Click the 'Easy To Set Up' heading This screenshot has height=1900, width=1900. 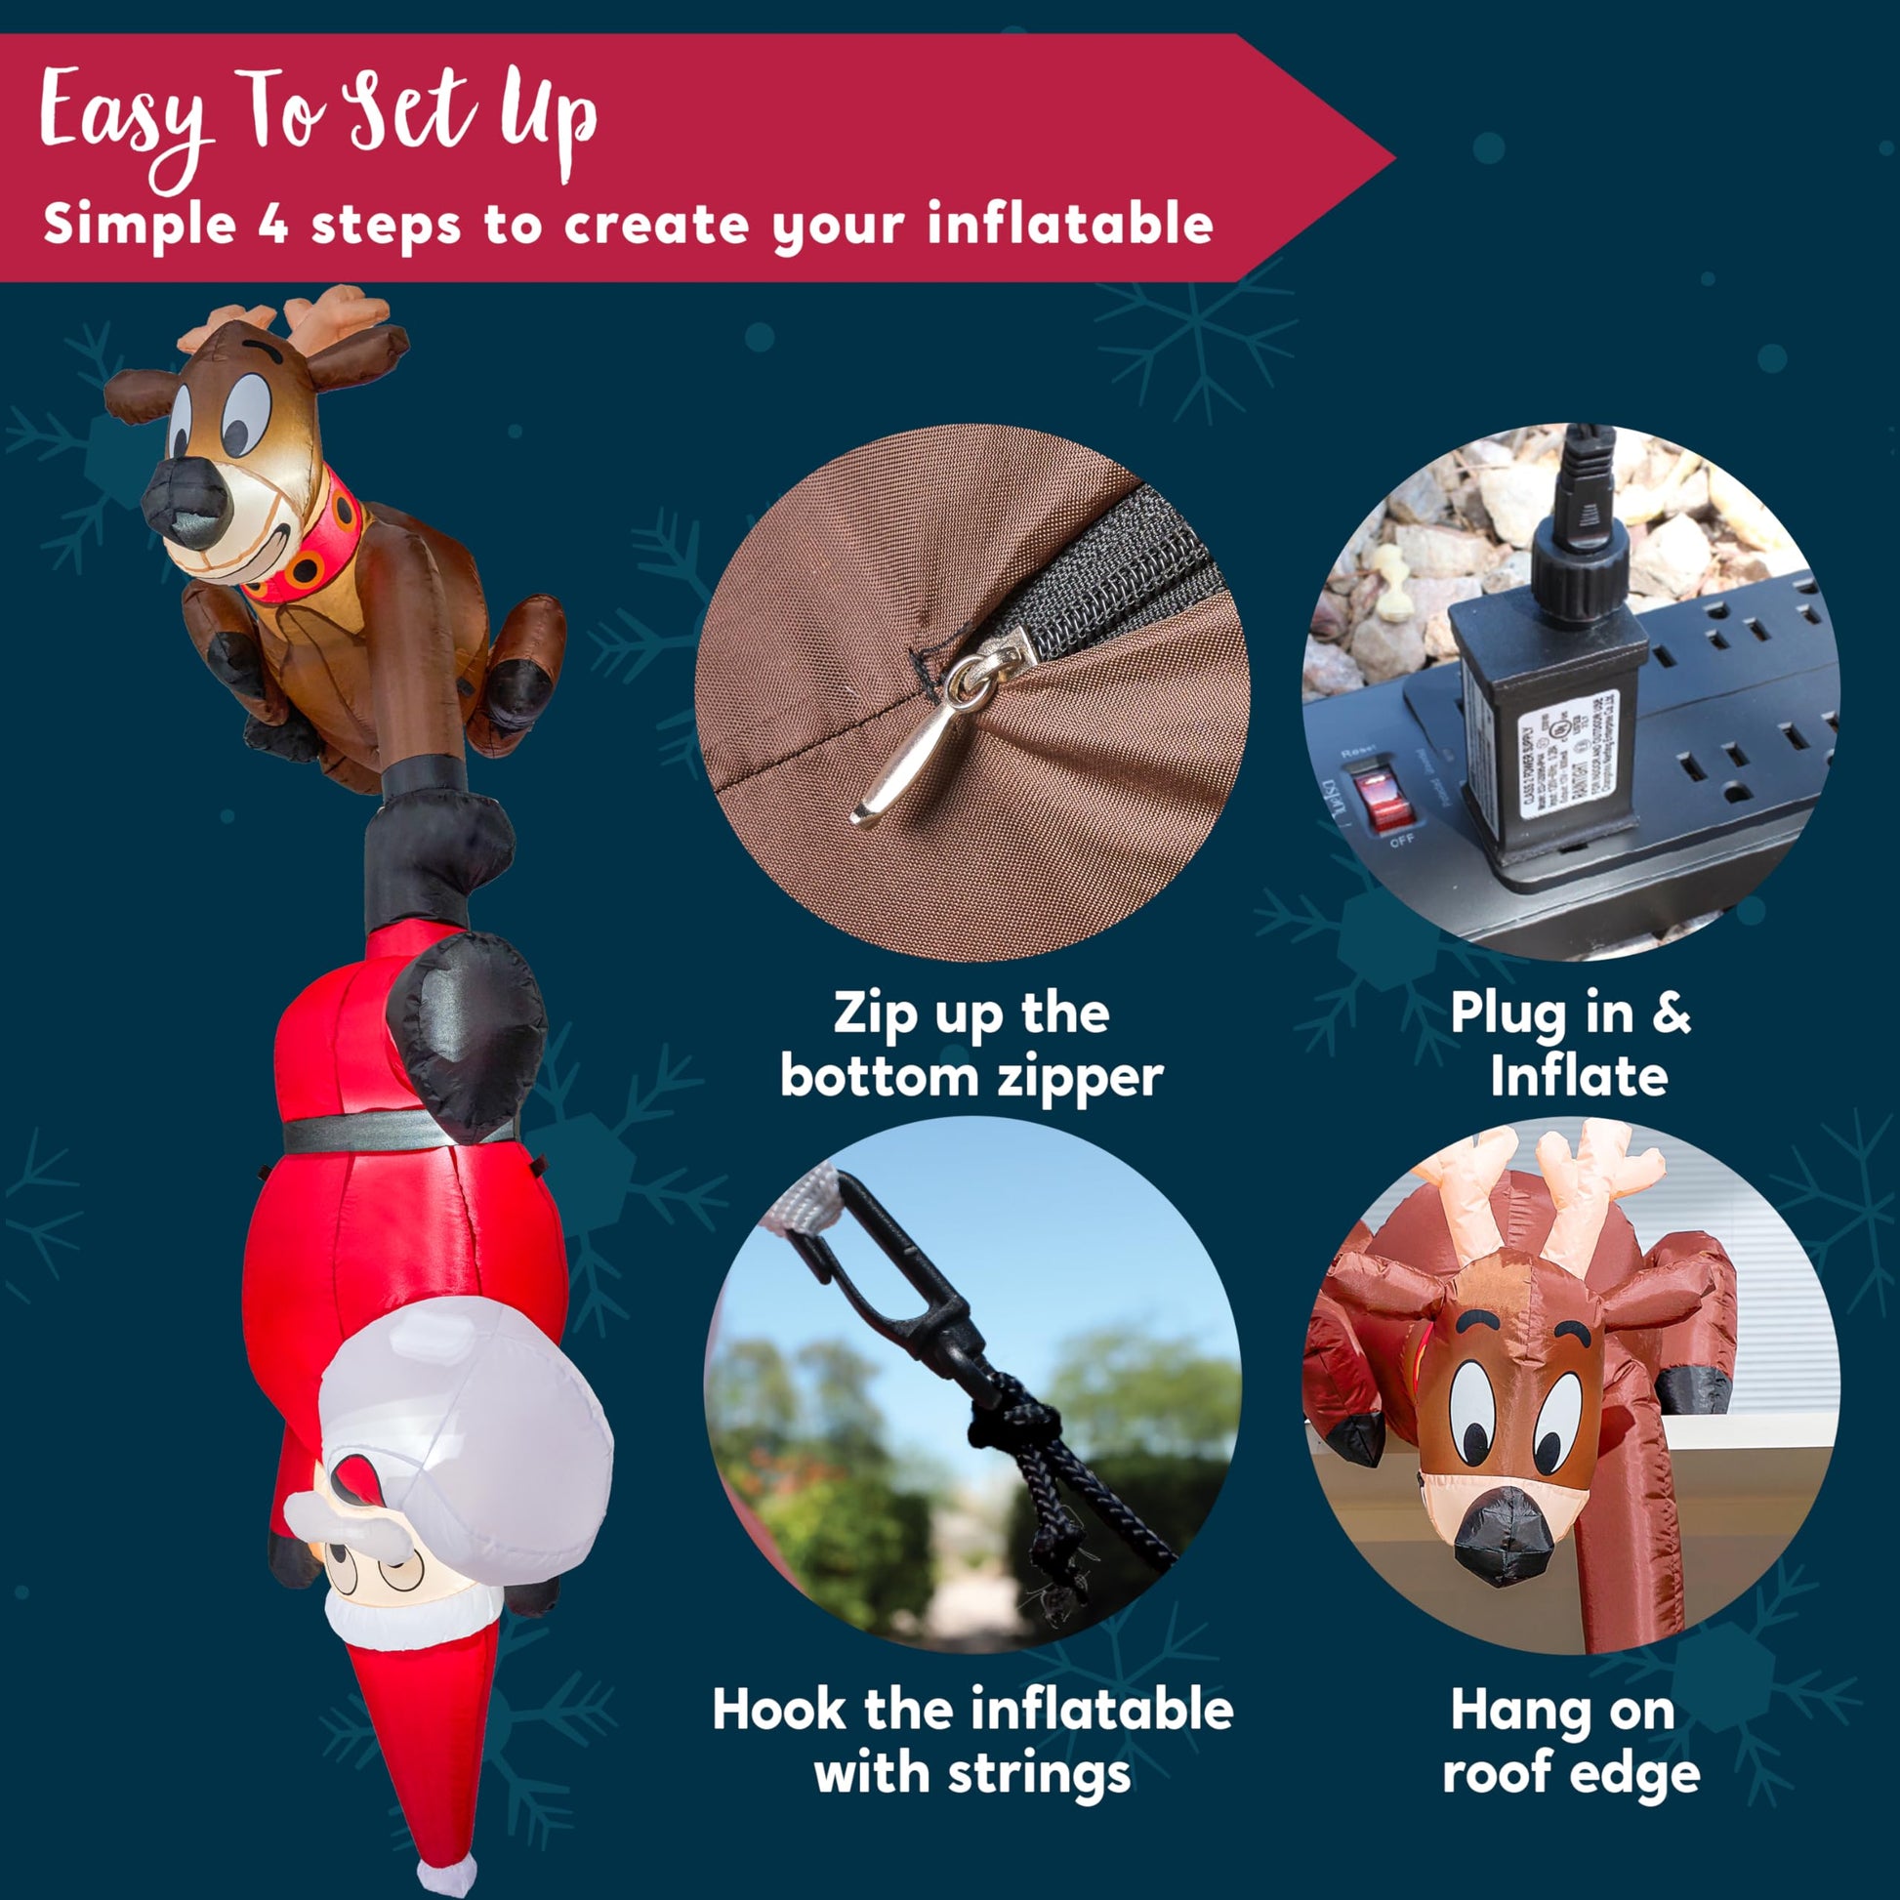(316, 123)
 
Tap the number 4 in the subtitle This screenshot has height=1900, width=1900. (272, 225)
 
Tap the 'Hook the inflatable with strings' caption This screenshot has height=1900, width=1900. (972, 1741)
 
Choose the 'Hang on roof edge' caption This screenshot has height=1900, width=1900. (1571, 1741)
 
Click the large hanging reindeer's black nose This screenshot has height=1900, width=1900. (187, 502)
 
